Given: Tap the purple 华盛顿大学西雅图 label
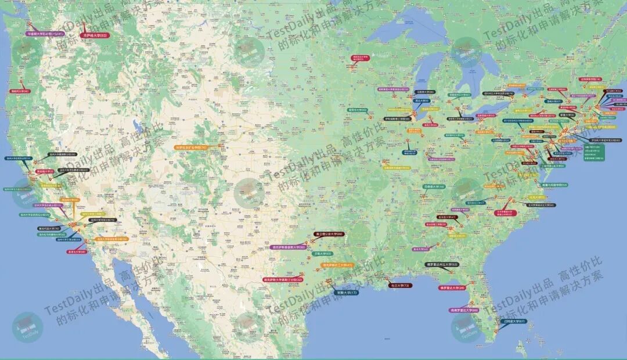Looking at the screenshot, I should [x=46, y=34].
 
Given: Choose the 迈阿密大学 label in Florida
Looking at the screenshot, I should [x=514, y=321].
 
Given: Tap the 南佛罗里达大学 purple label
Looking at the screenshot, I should [x=464, y=310].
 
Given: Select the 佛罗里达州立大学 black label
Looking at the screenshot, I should [x=442, y=265].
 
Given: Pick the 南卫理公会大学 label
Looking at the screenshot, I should [x=329, y=234].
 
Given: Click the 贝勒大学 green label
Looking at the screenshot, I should [x=322, y=254].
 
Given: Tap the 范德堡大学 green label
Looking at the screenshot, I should [x=434, y=187].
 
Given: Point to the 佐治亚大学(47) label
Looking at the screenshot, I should [x=448, y=217].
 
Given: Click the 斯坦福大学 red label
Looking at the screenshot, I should [x=45, y=171].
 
